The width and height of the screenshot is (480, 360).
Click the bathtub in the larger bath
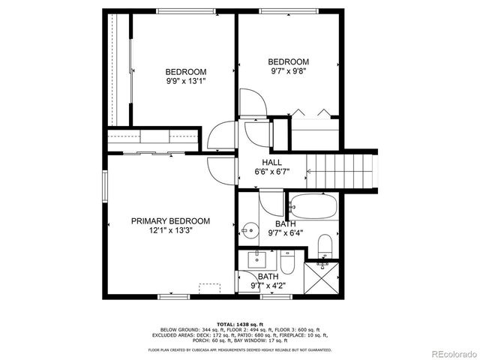tap(314, 206)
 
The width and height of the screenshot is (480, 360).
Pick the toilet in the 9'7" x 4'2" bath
tap(288, 264)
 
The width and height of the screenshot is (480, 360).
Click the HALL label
tap(271, 163)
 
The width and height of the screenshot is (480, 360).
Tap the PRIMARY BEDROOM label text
tap(170, 221)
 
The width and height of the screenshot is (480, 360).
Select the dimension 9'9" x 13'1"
tap(185, 82)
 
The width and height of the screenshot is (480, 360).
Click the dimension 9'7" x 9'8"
tap(289, 72)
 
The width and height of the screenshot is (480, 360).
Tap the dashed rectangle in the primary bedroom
tap(209, 288)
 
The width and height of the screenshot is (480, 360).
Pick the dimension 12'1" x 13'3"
tap(170, 232)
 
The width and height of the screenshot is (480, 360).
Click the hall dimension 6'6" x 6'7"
tap(271, 172)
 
